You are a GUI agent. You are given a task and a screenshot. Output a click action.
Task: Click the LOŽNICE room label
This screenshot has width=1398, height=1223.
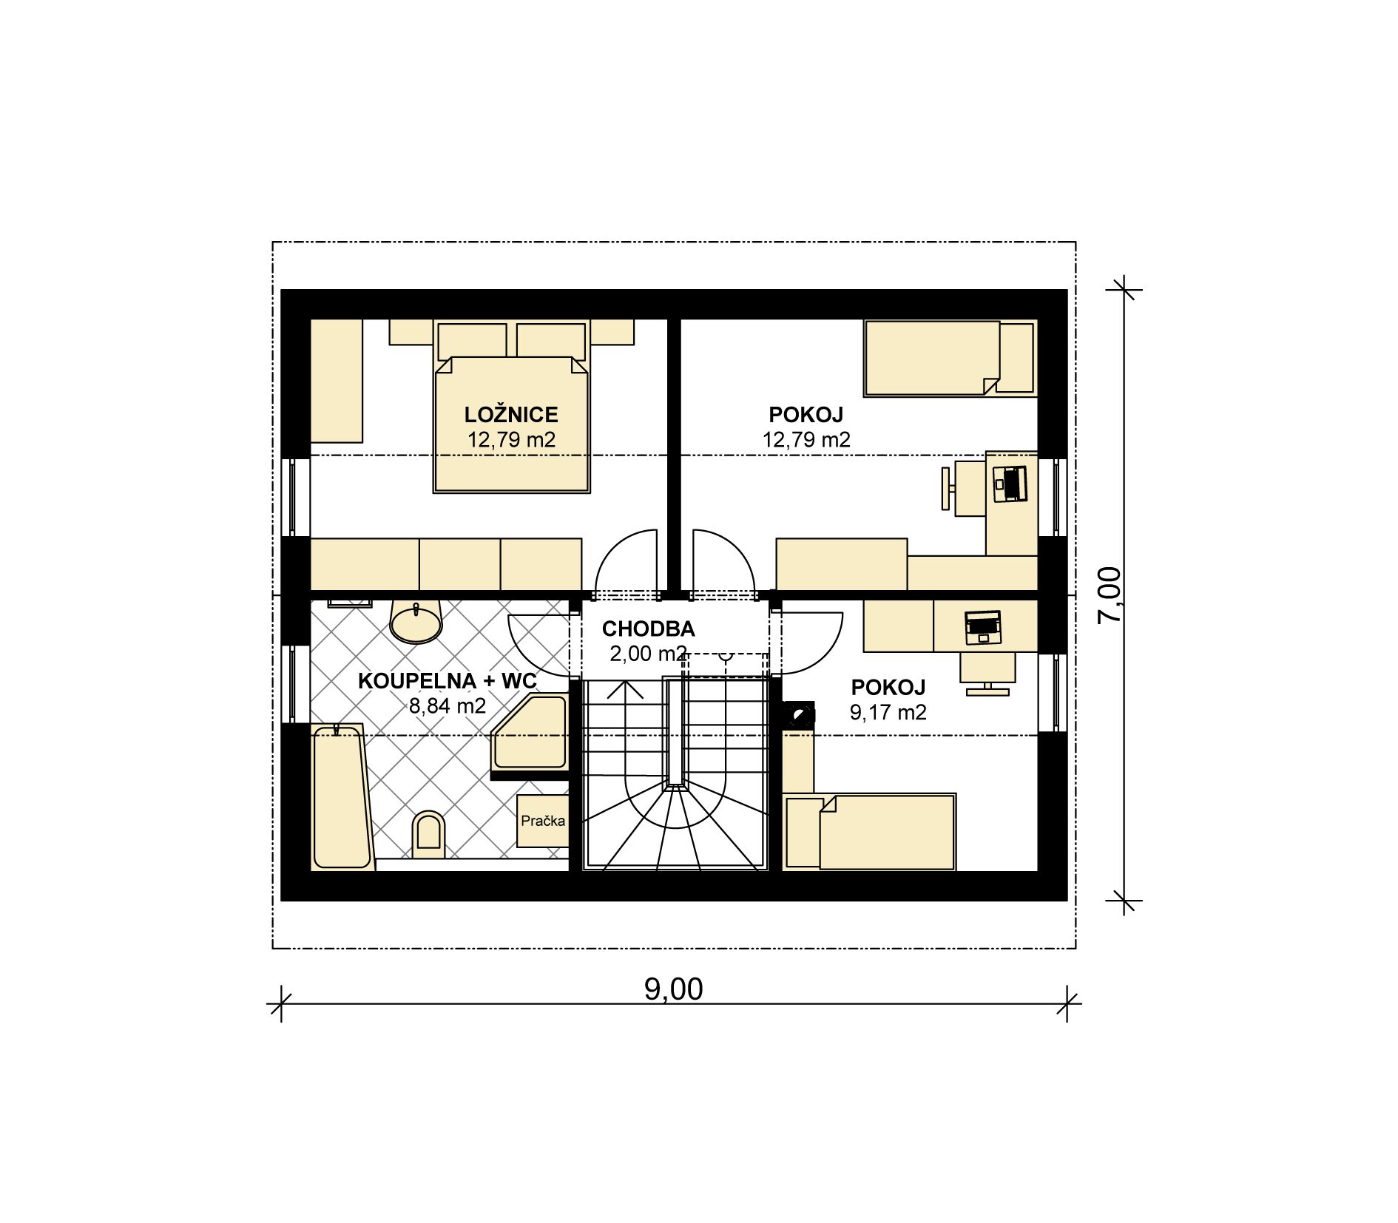coord(511,414)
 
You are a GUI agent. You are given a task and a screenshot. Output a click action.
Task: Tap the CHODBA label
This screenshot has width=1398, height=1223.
coord(648,629)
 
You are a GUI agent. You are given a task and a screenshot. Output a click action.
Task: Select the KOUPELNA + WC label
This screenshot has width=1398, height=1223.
coord(447,681)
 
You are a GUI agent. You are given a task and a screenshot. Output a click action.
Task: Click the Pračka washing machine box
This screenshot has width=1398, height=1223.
coord(542,821)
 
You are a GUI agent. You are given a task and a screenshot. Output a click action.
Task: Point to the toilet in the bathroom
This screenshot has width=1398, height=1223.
coord(429,835)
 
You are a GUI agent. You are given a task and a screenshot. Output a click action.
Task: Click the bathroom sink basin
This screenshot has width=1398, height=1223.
coord(416,623)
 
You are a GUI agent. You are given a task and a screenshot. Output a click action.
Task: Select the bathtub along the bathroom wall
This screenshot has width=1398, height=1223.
coord(341,796)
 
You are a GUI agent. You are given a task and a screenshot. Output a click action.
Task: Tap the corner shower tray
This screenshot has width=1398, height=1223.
coord(530,732)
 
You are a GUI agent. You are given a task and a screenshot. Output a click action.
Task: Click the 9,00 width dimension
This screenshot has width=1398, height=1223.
coord(673,989)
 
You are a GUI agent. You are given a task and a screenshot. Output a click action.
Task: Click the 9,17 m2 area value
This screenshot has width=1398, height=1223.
coord(888,712)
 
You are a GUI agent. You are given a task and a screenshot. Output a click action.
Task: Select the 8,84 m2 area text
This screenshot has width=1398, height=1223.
coord(448,706)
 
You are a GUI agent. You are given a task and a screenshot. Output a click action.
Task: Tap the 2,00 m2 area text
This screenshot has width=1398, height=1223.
coord(648,654)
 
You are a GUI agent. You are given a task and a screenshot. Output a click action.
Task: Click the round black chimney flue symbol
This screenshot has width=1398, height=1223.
coord(799,716)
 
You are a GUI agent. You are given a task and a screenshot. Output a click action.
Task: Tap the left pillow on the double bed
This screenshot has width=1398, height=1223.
coord(472,341)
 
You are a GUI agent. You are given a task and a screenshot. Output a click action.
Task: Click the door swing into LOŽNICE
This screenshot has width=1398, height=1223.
coord(626,561)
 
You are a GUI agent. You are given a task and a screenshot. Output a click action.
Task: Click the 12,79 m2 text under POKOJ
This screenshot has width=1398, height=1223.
coord(806,440)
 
